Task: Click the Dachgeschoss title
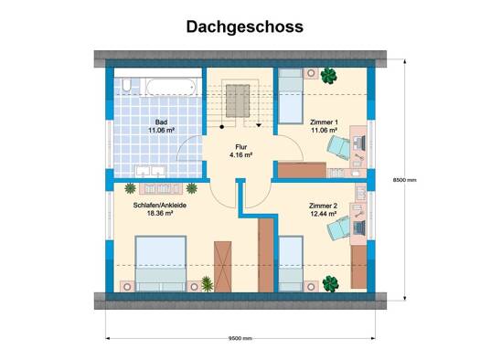click(x=245, y=26)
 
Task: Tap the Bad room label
click(x=161, y=122)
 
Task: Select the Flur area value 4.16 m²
click(x=241, y=154)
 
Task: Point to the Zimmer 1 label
click(x=324, y=122)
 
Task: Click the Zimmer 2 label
click(x=323, y=206)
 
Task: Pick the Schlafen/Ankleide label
click(x=160, y=206)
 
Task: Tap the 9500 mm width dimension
click(x=240, y=338)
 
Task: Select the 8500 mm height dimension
click(x=405, y=180)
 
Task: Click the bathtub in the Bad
click(x=171, y=87)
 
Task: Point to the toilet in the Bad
click(x=126, y=85)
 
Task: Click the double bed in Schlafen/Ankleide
click(x=161, y=263)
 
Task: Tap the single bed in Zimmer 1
click(x=291, y=96)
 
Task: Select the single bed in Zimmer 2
click(x=291, y=263)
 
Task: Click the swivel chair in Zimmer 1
click(x=338, y=147)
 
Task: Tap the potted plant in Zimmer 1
click(x=329, y=76)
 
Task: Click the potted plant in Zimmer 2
click(x=331, y=283)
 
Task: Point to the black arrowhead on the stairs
click(x=259, y=125)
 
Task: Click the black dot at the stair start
click(x=222, y=126)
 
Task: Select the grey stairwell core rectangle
click(x=238, y=101)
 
